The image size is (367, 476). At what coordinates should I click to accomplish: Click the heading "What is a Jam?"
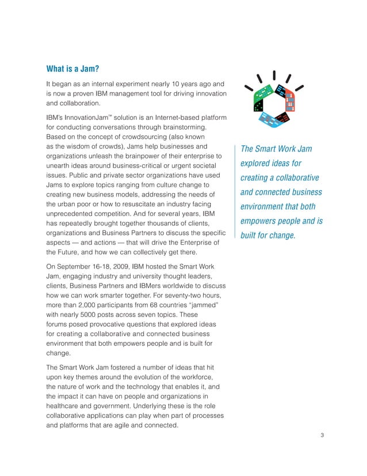coord(72,70)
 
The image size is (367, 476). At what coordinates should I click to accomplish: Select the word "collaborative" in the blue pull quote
coord(292,177)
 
